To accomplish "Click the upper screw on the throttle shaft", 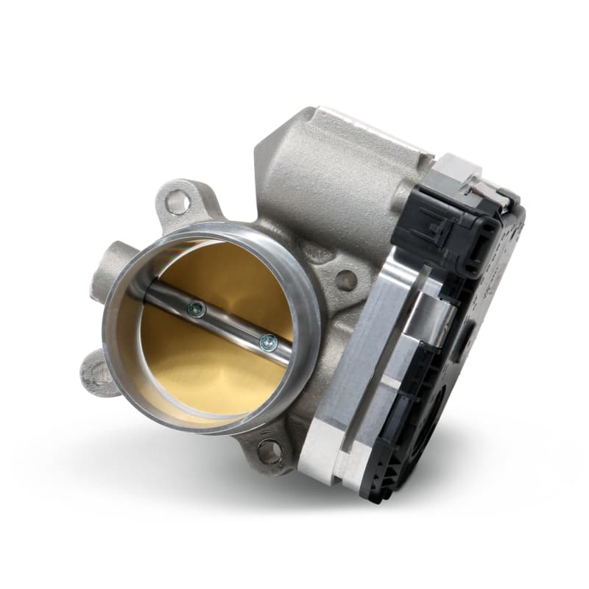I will coord(196,310).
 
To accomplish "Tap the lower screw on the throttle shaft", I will coord(269,341).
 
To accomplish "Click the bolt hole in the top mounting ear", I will coord(176,201).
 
